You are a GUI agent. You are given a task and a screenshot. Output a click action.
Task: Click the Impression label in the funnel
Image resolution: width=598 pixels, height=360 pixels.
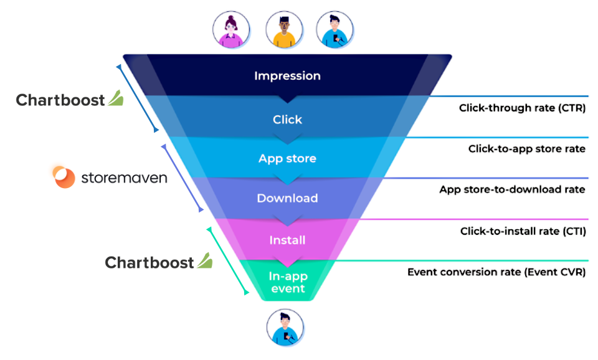click(287, 76)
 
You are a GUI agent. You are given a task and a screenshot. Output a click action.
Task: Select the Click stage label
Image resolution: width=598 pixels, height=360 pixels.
click(287, 120)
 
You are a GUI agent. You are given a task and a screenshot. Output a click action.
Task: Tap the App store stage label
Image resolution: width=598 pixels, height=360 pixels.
click(287, 159)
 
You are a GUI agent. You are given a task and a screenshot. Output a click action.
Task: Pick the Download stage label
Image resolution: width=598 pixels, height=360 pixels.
click(287, 198)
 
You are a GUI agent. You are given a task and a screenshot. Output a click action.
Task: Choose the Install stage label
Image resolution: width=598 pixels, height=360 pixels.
click(287, 240)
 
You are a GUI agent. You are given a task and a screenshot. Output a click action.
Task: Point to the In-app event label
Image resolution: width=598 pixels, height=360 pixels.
click(288, 282)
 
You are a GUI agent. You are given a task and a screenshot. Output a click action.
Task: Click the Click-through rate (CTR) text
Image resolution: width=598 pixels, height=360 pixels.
click(522, 108)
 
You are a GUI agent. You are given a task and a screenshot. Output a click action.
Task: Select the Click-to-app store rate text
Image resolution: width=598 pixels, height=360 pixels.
click(527, 149)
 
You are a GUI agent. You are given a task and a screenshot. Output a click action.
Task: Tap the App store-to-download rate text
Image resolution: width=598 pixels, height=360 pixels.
click(512, 189)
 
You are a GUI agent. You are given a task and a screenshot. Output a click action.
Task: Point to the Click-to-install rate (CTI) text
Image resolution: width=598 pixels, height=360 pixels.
click(523, 232)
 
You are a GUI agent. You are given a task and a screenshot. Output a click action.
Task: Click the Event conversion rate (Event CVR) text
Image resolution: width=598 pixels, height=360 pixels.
click(496, 272)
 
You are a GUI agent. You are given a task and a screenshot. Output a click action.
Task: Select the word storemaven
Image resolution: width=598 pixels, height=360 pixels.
click(124, 178)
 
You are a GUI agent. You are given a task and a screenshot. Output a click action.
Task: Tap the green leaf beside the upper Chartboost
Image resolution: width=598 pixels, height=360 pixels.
click(116, 98)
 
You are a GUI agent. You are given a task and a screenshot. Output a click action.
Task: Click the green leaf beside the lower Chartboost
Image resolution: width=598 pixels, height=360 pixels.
click(205, 261)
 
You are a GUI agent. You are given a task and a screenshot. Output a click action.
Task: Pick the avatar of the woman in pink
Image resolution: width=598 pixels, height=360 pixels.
click(231, 30)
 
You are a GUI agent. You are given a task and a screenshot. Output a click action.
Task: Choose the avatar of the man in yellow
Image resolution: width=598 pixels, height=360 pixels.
click(284, 30)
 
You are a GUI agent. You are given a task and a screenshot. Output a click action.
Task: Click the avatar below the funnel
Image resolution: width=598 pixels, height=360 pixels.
click(285, 328)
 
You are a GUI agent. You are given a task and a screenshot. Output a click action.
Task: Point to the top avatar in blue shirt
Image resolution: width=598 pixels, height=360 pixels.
click(335, 30)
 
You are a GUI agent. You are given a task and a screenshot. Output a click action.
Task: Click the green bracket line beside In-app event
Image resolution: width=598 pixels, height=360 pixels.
click(228, 261)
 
